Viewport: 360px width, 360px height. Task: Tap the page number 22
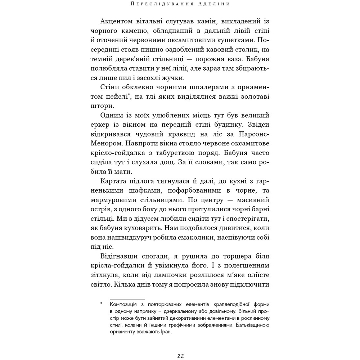click(x=180, y=356)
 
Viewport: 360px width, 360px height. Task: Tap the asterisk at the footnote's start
click(x=102, y=304)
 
